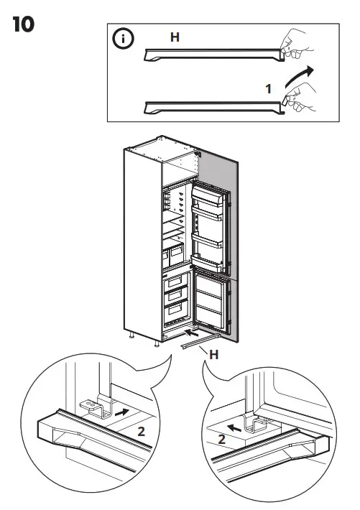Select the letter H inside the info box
coord(175,37)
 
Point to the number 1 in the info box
coord(267,90)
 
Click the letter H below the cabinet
coord(212,353)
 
